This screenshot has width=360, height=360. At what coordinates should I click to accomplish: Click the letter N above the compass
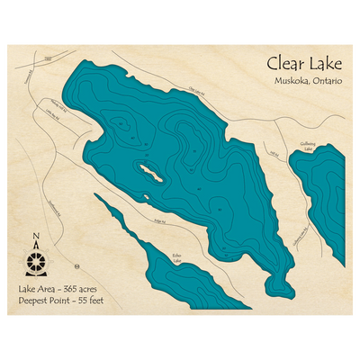(x=36, y=238)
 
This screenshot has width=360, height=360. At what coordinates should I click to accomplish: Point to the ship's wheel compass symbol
(x=36, y=263)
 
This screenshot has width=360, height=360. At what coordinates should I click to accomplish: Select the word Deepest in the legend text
(x=35, y=300)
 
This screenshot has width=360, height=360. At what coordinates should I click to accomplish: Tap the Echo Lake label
(x=177, y=257)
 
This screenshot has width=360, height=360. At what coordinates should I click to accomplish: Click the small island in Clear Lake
(x=149, y=171)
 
